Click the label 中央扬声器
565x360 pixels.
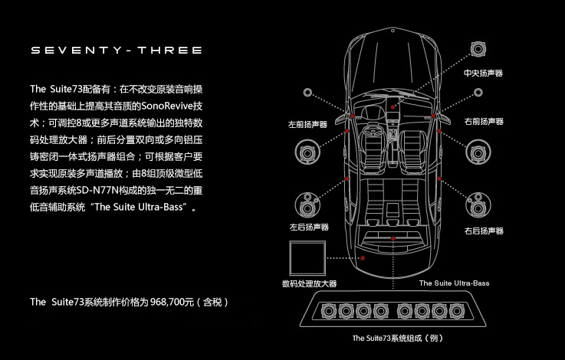(483, 74)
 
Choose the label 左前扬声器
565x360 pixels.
(307, 123)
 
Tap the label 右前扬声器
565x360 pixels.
(484, 122)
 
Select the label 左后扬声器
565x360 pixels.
(309, 227)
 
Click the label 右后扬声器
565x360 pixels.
(484, 230)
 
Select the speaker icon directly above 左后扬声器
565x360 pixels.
(308, 201)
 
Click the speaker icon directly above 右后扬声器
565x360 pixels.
(481, 203)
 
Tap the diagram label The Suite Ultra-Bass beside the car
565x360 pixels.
(455, 283)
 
